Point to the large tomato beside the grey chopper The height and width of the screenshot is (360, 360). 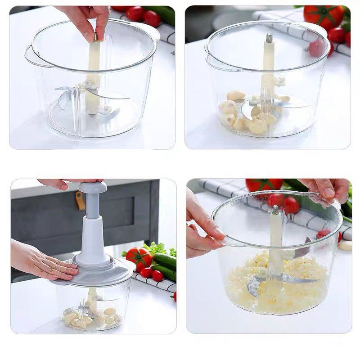tap(139, 257)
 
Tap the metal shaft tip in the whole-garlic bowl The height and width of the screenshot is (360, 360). tap(269, 38)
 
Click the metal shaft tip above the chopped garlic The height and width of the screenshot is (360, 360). tap(275, 210)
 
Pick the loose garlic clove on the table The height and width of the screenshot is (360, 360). tap(346, 245)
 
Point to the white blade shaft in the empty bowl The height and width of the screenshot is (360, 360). tap(94, 76)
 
